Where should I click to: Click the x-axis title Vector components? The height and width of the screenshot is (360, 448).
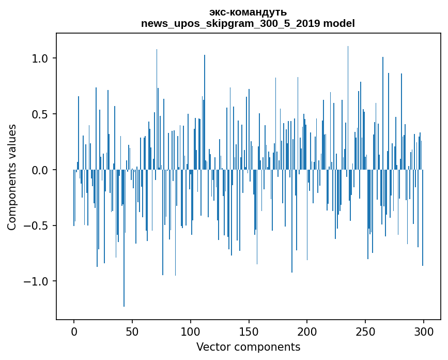pos(248,347)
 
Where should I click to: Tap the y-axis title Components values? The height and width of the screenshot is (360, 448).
pos(12,177)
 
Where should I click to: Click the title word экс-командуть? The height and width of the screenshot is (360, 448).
pos(248,12)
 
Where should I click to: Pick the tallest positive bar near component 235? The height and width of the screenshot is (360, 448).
pos(348,103)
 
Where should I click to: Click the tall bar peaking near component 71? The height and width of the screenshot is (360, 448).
pos(157,103)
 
